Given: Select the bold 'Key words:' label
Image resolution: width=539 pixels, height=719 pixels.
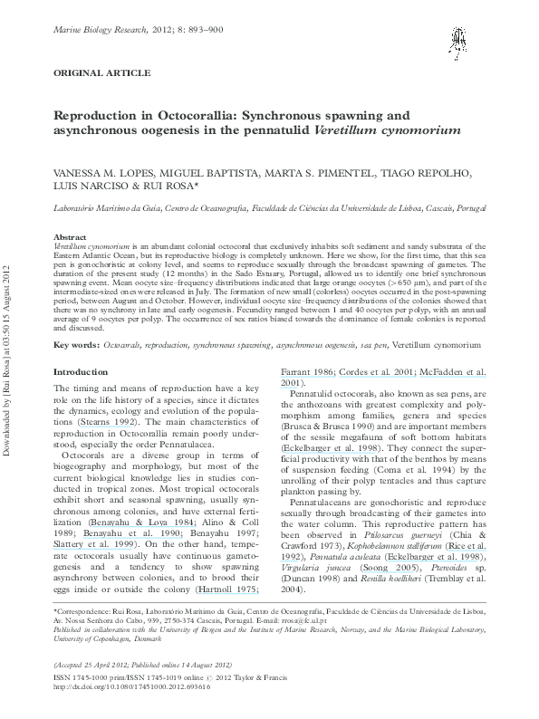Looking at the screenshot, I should (77, 346).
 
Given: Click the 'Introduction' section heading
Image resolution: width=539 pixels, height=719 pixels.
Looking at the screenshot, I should (81, 372).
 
